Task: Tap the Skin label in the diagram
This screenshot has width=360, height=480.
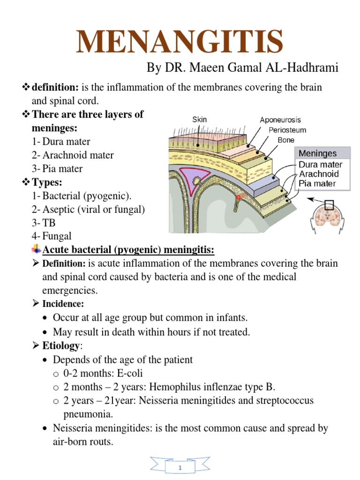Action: (199, 120)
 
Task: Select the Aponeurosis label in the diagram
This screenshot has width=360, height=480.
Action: (280, 120)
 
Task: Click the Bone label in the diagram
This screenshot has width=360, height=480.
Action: (286, 139)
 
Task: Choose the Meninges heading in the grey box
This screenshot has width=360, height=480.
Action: (317, 153)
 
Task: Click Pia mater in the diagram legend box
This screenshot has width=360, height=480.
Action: (317, 183)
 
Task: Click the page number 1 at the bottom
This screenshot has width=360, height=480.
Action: (180, 468)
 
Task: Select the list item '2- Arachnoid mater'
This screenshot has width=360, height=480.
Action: (73, 155)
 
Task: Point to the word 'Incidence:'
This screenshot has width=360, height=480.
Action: (63, 304)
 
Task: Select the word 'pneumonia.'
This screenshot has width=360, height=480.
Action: (88, 414)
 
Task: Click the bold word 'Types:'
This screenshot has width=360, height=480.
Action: (49, 182)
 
